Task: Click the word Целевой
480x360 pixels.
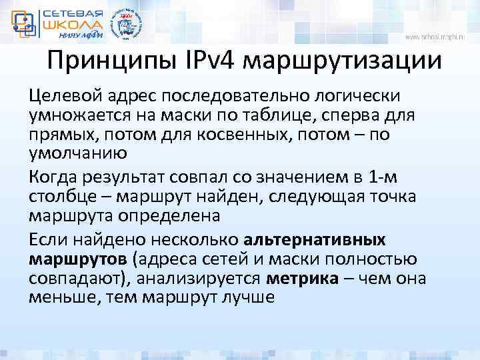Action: [x=58, y=97]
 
